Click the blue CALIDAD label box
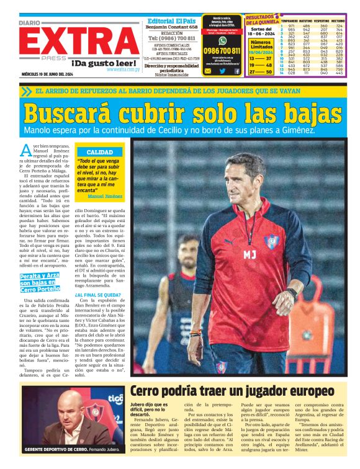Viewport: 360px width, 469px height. [x=99, y=151]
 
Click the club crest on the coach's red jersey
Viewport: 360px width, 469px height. [x=271, y=242]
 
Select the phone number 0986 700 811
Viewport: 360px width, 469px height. [x=222, y=51]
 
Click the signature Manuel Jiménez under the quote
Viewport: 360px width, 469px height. [x=105, y=196]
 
